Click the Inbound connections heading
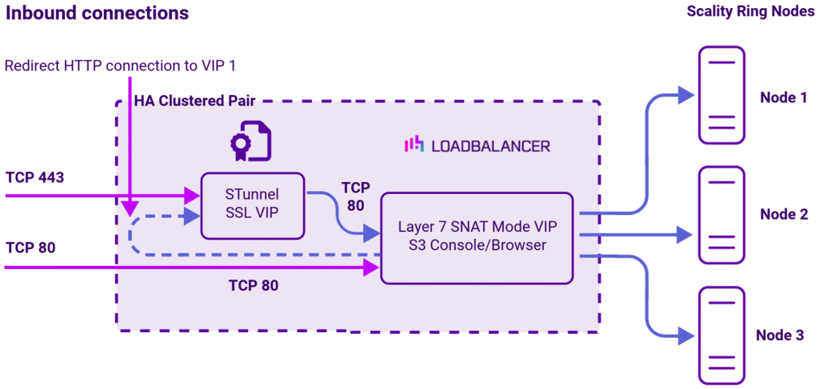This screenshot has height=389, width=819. pos(98,14)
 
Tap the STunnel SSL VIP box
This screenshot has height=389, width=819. pos(252,205)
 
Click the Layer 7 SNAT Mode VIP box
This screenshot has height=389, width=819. pos(477,236)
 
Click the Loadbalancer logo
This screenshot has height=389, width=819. pos(477,145)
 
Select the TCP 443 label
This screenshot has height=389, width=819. pos(34,177)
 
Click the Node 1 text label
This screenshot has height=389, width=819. pos(782,97)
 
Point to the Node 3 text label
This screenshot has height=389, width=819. pos(782,335)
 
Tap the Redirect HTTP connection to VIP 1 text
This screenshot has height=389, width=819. pos(120,65)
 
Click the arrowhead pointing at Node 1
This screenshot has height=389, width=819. pos(685,95)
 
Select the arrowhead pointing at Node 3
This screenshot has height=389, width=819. pos(685,335)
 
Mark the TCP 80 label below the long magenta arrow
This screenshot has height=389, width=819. pos(254,285)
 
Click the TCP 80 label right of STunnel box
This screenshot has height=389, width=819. pos(356,195)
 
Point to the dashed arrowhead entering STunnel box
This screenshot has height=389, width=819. pos(192,215)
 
